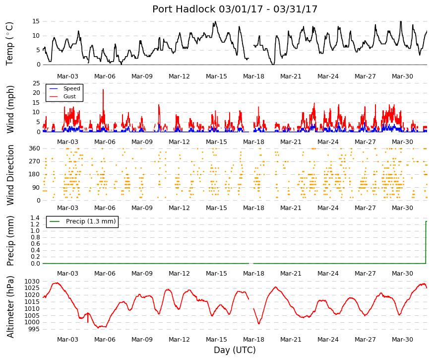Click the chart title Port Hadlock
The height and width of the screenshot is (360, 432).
coord(184,9)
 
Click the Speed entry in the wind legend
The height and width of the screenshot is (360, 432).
coord(71,88)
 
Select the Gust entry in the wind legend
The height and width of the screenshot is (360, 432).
coord(69,96)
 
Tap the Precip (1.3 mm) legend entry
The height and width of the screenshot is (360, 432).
coord(91,221)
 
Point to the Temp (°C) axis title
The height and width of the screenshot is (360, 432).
coord(9,44)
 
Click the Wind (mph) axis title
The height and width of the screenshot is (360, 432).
coord(10,110)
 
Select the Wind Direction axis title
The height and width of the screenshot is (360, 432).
coord(10,175)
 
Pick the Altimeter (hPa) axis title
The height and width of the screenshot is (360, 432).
coord(10,306)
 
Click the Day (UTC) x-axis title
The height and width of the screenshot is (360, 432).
coord(235,350)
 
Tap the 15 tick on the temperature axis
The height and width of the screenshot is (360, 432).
coord(36,21)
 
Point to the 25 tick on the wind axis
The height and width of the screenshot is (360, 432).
coord(36,83)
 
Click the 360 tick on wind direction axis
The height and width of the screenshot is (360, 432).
coord(34,148)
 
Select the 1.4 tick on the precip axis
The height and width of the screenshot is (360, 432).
coord(35,218)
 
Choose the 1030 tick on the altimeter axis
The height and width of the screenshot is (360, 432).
coord(32,282)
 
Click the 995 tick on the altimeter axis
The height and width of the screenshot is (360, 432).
coord(34,329)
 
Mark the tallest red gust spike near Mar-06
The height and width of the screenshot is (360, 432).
coord(103,90)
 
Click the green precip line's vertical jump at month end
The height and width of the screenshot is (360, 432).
coord(426,242)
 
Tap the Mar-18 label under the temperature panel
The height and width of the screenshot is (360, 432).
coord(253,76)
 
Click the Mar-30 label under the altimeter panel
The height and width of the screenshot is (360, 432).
coord(402,340)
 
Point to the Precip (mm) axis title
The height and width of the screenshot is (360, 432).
coord(10,241)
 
